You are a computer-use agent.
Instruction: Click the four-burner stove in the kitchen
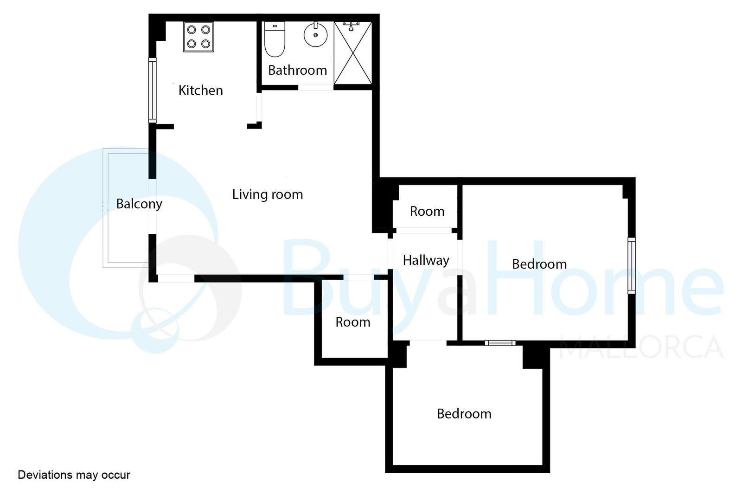(x=198, y=37)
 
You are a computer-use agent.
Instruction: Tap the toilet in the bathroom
(x=275, y=39)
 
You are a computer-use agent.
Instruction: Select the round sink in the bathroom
(x=315, y=34)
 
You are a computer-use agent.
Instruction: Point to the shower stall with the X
(x=353, y=53)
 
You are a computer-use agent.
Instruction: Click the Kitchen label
(x=200, y=90)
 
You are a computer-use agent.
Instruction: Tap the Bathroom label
(x=297, y=70)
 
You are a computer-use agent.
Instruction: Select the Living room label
(x=267, y=194)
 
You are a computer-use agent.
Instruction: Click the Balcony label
(x=139, y=204)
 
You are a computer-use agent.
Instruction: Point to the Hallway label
(x=426, y=260)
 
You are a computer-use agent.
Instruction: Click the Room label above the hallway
(x=427, y=212)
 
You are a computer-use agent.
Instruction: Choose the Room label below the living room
(x=353, y=322)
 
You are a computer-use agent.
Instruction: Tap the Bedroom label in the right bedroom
(x=539, y=264)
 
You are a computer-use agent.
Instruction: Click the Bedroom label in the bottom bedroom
(x=464, y=414)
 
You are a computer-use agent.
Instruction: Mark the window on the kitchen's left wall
(x=153, y=90)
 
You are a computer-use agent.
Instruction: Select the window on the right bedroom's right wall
(x=632, y=266)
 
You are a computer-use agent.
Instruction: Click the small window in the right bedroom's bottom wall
(x=500, y=343)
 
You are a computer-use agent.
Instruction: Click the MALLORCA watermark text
(x=641, y=347)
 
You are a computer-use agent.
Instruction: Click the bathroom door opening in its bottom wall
(x=316, y=88)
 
